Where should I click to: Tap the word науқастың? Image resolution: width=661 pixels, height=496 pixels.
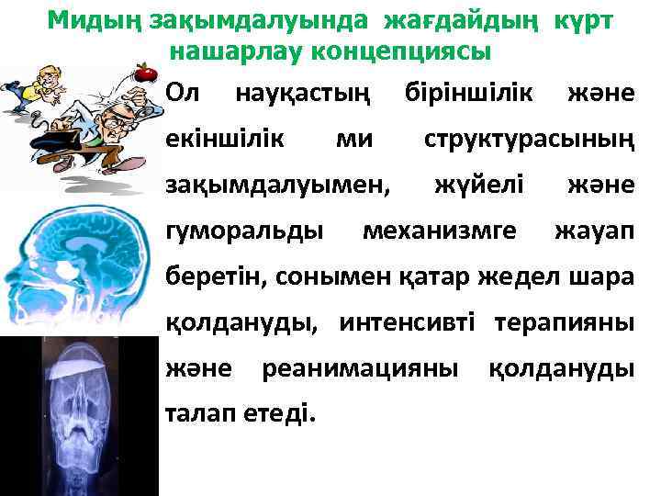point(303,93)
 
